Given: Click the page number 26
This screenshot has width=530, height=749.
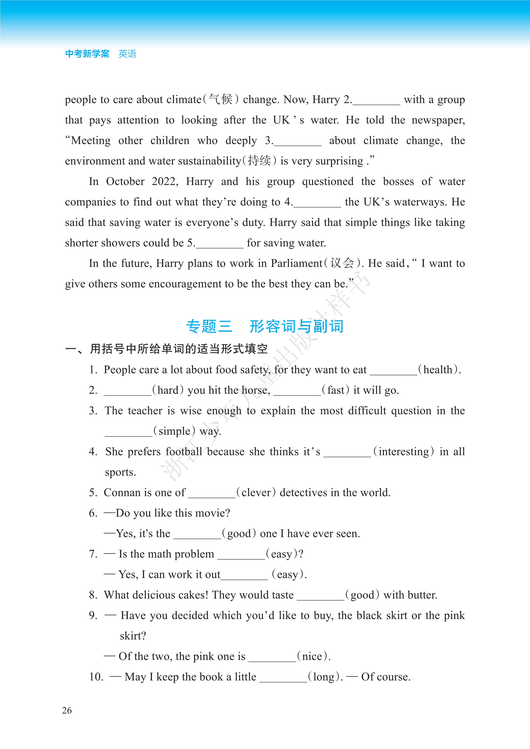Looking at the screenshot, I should coord(67,710).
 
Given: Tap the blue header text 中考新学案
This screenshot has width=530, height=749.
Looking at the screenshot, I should coord(87,53).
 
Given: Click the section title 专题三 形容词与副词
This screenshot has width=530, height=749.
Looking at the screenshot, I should coord(264,326).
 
